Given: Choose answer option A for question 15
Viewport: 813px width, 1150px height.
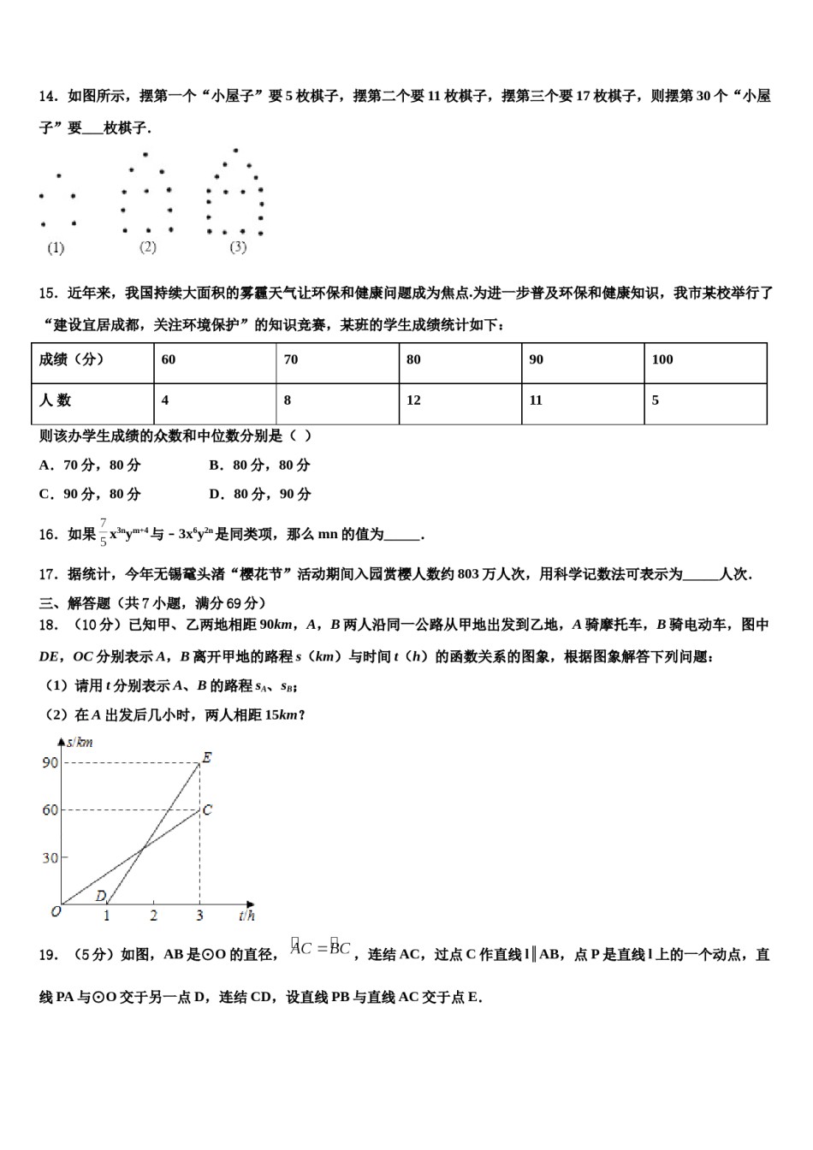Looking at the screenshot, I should [x=90, y=465].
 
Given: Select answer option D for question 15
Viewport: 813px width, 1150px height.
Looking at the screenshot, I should [x=259, y=495].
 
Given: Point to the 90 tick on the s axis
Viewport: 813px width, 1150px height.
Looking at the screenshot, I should [x=50, y=762].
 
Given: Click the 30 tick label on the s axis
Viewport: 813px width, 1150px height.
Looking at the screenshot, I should [x=50, y=858].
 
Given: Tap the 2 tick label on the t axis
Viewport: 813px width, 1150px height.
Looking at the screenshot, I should [x=153, y=916].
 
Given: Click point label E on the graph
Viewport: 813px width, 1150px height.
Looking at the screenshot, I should [x=206, y=757].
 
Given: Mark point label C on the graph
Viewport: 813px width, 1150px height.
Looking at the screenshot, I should [x=207, y=809].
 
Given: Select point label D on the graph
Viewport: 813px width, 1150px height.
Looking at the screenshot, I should [x=100, y=896].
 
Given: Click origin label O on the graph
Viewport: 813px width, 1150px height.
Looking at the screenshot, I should [x=56, y=912].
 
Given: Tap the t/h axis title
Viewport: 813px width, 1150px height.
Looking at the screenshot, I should [x=246, y=916].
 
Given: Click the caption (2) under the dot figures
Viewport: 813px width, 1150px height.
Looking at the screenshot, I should [x=147, y=247].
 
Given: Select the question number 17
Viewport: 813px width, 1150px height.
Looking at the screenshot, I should [x=48, y=574].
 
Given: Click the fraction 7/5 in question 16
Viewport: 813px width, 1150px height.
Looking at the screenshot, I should [x=103, y=532].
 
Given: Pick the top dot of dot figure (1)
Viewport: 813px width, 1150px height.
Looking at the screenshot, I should [x=58, y=176].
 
